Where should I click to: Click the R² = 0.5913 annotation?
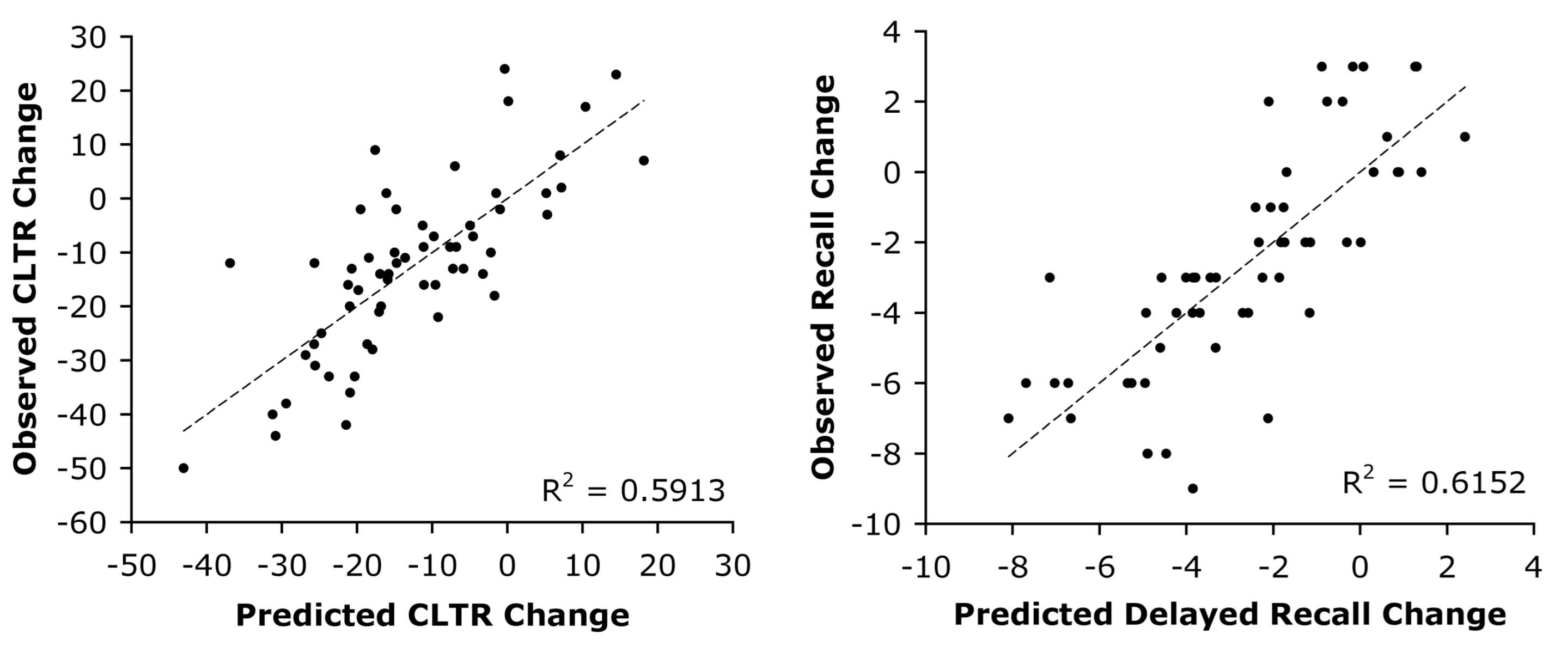pyautogui.click(x=633, y=490)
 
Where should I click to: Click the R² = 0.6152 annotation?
pyautogui.click(x=1434, y=483)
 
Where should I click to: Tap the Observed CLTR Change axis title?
pyautogui.click(x=26, y=279)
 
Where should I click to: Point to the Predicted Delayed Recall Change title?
pyautogui.click(x=1229, y=614)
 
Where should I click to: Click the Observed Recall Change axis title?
pyautogui.click(x=824, y=276)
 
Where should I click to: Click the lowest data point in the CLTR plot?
pyautogui.click(x=184, y=468)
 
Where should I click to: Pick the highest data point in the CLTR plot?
pyautogui.click(x=504, y=69)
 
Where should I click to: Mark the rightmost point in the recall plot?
pyautogui.click(x=1465, y=137)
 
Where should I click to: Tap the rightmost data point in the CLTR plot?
pyautogui.click(x=644, y=161)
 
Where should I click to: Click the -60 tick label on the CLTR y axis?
pyautogui.click(x=90, y=522)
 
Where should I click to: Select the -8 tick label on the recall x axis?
pyautogui.click(x=1013, y=568)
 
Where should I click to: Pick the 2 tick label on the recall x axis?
pyautogui.click(x=1447, y=568)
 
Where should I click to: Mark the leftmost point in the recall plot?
pyautogui.click(x=1008, y=418)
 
